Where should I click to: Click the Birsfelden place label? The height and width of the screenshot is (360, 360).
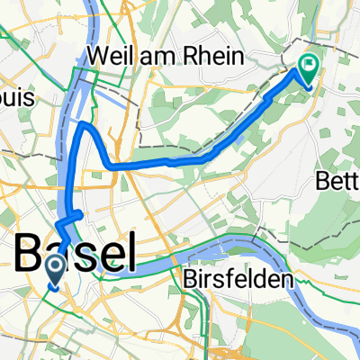click(241, 281)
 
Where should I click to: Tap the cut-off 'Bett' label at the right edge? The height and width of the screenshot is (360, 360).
click(338, 182)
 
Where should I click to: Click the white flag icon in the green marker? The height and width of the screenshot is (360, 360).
click(309, 64)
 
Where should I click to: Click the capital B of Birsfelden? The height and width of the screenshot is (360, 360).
click(194, 281)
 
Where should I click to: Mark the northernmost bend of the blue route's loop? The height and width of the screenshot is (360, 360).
click(84, 125)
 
